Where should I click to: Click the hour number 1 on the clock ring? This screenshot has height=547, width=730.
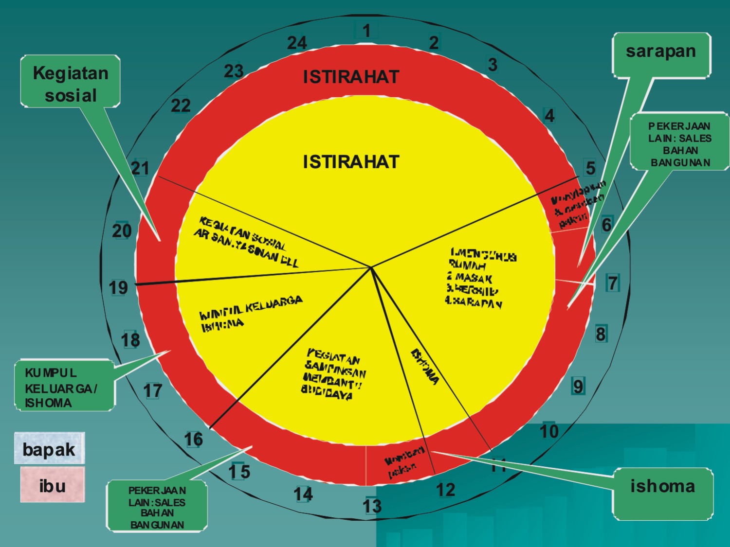tap(366, 31)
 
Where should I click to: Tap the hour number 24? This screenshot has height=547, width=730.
tap(297, 43)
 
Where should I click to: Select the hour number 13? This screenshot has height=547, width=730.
tap(372, 506)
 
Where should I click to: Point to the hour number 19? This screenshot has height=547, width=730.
tap(118, 288)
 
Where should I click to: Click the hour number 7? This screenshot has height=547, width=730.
tap(613, 283)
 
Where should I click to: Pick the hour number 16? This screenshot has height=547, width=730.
tap(193, 440)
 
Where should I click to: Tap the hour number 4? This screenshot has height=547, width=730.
tap(549, 116)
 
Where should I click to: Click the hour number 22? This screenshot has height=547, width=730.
tap(181, 106)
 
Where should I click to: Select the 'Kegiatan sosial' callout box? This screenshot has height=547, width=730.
tap(71, 81)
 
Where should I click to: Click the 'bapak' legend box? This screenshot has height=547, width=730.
tap(49, 448)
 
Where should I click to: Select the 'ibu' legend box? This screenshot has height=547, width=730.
tap(52, 485)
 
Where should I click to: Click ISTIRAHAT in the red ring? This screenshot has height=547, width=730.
tap(351, 77)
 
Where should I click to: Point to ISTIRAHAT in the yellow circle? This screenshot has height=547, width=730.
tap(351, 161)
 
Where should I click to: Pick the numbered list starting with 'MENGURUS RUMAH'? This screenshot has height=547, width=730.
tap(480, 278)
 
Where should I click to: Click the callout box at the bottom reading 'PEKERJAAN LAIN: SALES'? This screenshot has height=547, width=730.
tap(157, 506)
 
